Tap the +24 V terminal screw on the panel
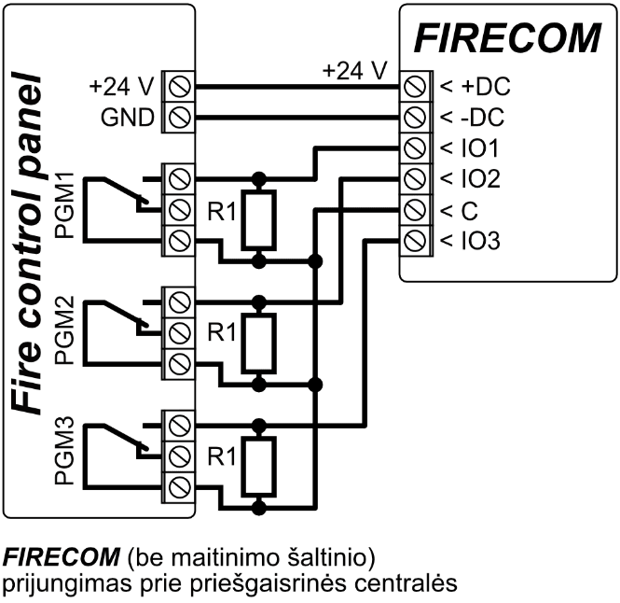(178, 90)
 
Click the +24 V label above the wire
(352, 70)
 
